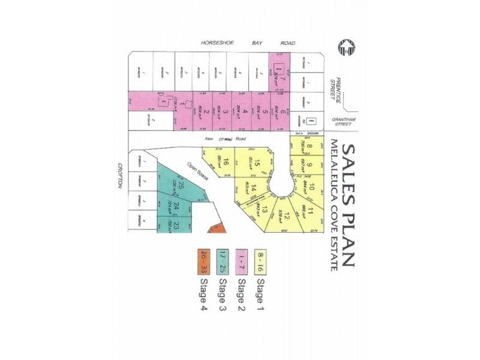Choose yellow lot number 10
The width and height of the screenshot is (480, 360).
[x=311, y=190]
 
